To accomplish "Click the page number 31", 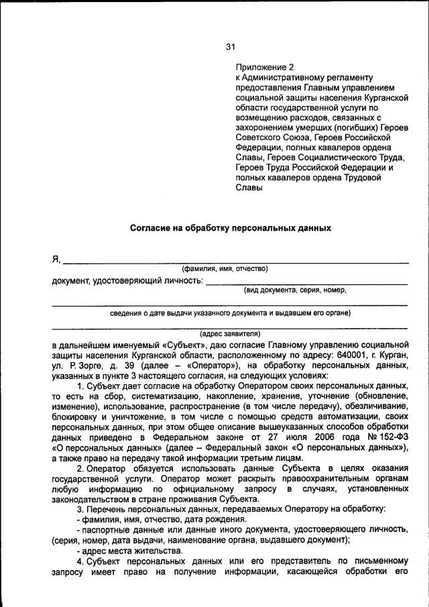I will pyautogui.click(x=230, y=47).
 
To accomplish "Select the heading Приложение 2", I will pyautogui.click(x=265, y=67).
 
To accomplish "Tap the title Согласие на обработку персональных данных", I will pyautogui.click(x=230, y=227).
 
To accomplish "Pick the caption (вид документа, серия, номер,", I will pyautogui.click(x=294, y=290).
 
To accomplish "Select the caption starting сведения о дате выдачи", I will pyautogui.click(x=230, y=313).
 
